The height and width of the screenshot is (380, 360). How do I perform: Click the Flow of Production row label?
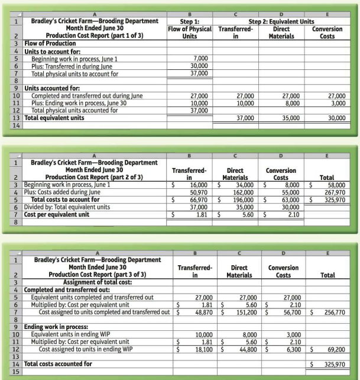point(36,44)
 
